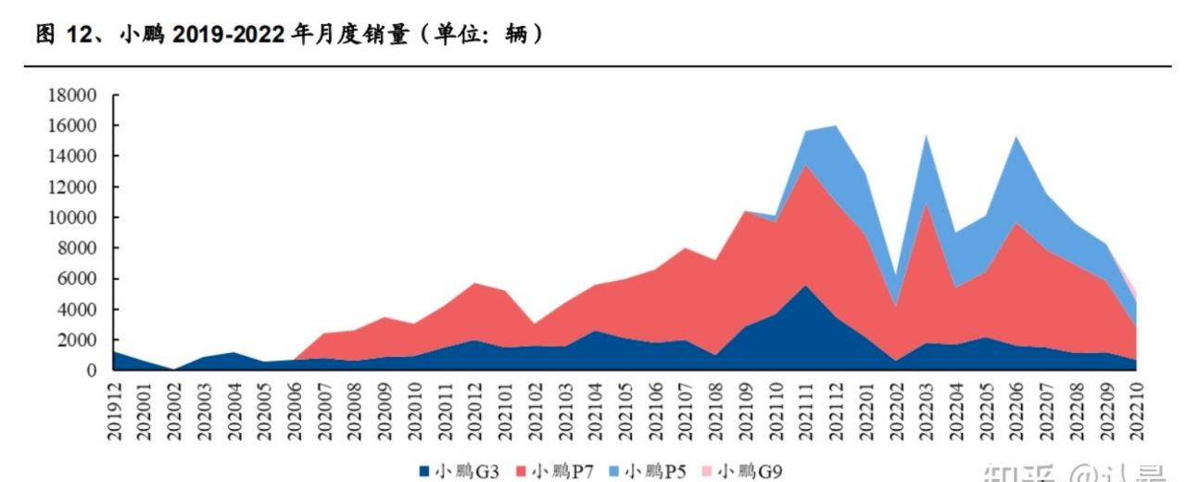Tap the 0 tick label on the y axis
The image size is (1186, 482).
click(x=92, y=371)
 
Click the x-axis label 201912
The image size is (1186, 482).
click(x=115, y=408)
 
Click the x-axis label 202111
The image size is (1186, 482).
click(x=806, y=408)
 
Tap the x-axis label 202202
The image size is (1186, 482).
click(x=896, y=408)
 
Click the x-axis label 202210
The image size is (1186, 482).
click(x=1134, y=408)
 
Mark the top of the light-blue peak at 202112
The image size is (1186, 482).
click(x=837, y=126)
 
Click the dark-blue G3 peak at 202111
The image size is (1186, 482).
click(x=806, y=285)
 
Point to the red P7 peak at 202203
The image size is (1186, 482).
click(x=926, y=204)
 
